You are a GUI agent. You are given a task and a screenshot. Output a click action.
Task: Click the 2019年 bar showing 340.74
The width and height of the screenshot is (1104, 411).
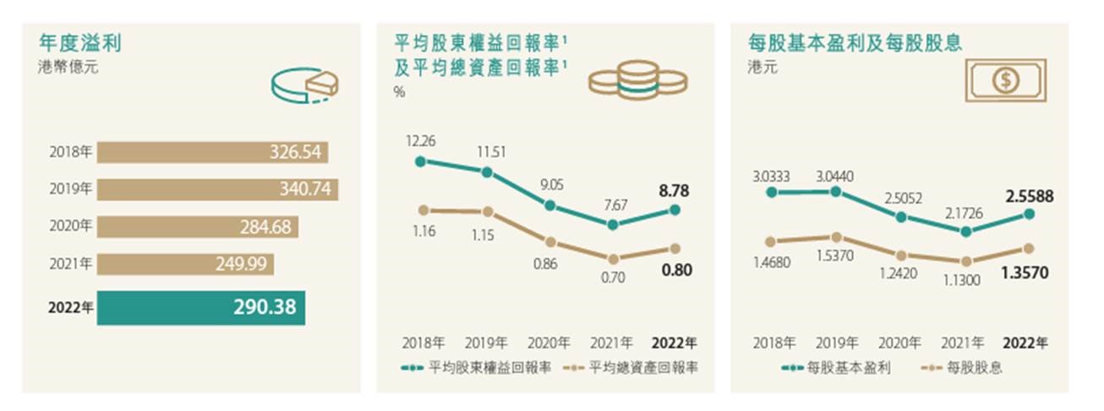[x=217, y=189]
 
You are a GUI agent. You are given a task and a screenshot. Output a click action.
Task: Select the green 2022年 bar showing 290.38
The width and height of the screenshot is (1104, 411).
[x=201, y=308]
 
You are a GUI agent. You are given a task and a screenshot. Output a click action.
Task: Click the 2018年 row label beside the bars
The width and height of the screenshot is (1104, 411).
[x=71, y=152]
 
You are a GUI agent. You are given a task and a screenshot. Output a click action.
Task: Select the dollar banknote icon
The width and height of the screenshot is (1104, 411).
[x=1007, y=81]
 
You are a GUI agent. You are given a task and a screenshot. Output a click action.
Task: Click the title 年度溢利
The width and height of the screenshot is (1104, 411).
[x=75, y=42]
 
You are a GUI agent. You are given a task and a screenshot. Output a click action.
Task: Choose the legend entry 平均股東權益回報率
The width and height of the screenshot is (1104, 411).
[x=478, y=369]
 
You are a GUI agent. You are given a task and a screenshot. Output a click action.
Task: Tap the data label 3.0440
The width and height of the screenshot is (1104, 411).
[x=835, y=176]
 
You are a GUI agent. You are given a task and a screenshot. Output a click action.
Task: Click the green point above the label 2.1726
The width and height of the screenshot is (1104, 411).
[x=965, y=232]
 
